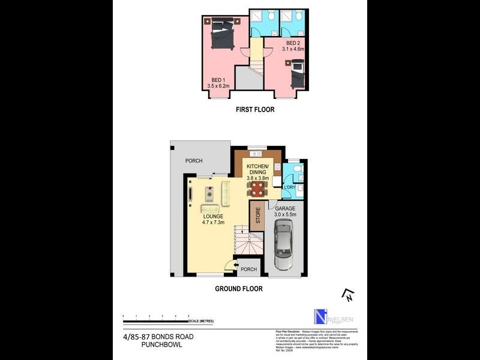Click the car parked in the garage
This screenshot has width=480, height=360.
coord(283,245)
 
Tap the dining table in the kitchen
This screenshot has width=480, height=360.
coord(257,190)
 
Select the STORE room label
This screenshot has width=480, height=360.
coord(258,215)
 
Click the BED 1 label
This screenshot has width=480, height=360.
coord(218,79)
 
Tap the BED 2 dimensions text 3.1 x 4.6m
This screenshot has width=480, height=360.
coord(293,50)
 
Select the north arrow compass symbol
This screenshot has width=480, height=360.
coord(348,295)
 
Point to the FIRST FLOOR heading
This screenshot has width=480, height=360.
coord(255,110)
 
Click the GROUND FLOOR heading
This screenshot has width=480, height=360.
coord(239,289)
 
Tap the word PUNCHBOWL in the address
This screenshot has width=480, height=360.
coord(161,344)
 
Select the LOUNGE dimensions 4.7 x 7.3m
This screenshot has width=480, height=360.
coord(214,223)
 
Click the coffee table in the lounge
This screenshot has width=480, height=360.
coord(209,193)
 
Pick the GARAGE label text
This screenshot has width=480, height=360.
coord(286,208)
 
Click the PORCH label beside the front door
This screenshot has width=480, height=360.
coord(248,269)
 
